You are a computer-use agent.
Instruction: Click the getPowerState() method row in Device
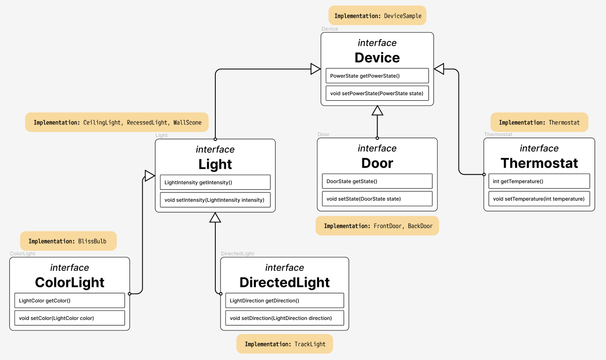click(377, 76)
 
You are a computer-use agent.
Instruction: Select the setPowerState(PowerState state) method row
click(377, 93)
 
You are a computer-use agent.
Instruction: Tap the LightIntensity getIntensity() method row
click(215, 182)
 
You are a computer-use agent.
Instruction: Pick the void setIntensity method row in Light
click(215, 200)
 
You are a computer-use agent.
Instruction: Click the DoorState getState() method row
click(377, 181)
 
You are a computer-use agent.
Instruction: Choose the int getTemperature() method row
click(539, 181)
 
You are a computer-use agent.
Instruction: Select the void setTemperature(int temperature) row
click(539, 199)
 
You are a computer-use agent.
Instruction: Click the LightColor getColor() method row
click(69, 301)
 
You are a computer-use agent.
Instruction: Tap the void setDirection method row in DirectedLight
click(284, 318)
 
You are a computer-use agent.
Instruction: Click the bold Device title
click(377, 57)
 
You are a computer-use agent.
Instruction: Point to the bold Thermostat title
click(539, 163)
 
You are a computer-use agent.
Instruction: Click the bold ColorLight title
click(70, 282)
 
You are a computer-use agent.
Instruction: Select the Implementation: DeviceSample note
click(377, 16)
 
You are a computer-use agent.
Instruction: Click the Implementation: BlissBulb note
click(68, 241)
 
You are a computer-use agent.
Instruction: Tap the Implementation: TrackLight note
click(285, 344)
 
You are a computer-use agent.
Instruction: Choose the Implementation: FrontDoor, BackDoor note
click(377, 226)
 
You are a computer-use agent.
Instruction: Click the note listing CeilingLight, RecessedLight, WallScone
click(117, 123)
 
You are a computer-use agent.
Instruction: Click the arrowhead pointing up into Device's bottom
click(377, 111)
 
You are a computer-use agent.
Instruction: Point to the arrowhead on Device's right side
click(439, 69)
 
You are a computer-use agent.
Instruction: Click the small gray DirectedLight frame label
click(237, 254)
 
